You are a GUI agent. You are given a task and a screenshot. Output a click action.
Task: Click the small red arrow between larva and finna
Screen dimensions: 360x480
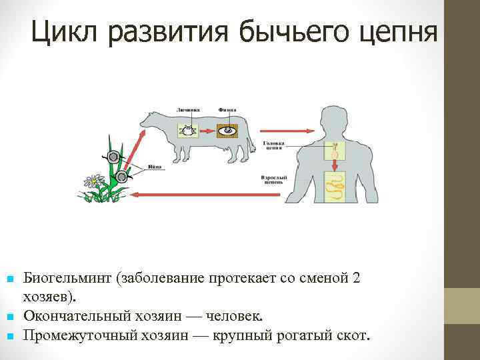coord(209,129)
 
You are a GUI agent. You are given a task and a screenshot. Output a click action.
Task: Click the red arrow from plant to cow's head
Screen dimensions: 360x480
coord(134,143)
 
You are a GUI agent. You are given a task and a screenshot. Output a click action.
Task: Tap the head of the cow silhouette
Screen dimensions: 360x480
coord(147,121)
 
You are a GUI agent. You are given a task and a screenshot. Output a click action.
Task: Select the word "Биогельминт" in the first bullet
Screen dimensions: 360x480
coord(67,279)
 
